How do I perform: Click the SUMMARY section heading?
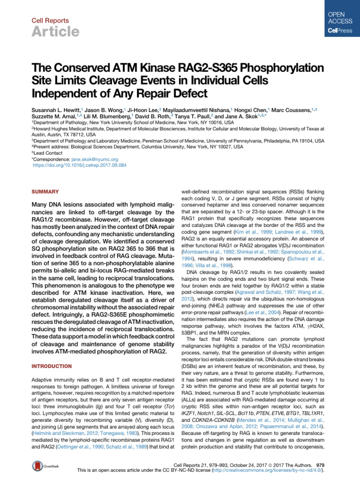tap(45, 192)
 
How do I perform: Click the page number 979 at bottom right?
tap(322, 462)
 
